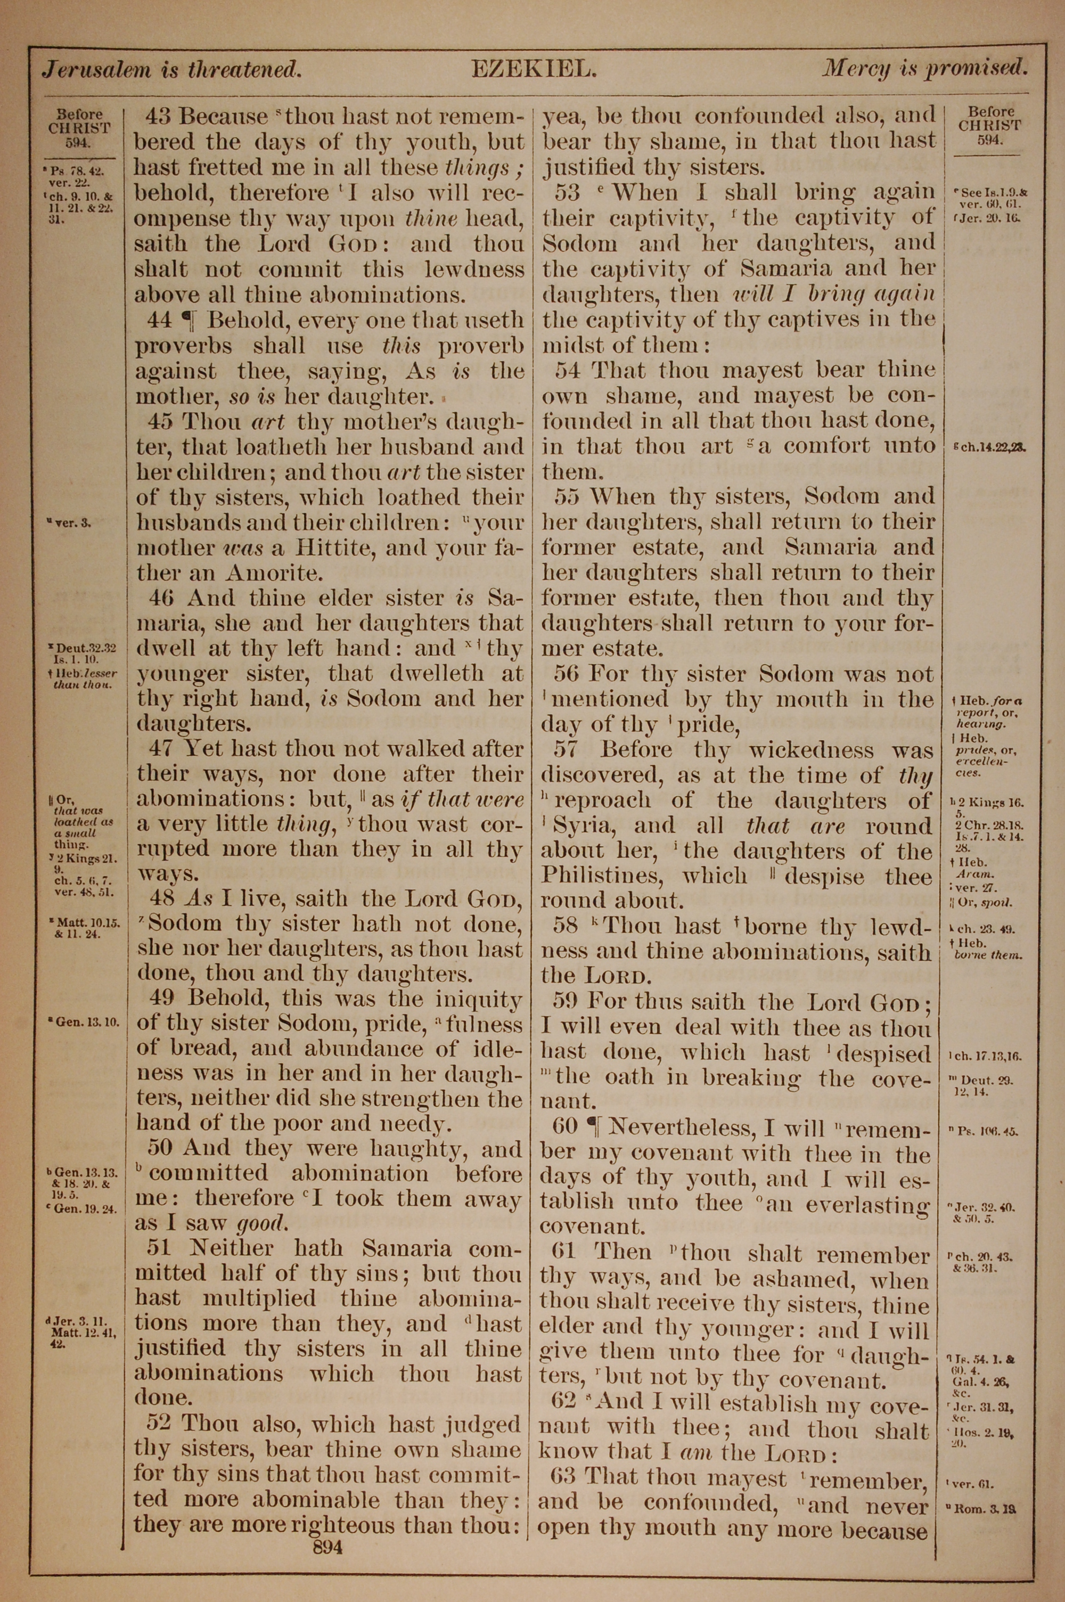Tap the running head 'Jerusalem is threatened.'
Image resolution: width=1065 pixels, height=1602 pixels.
click(172, 69)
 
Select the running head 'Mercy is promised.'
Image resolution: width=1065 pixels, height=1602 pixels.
click(925, 68)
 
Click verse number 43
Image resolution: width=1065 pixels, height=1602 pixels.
click(158, 117)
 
